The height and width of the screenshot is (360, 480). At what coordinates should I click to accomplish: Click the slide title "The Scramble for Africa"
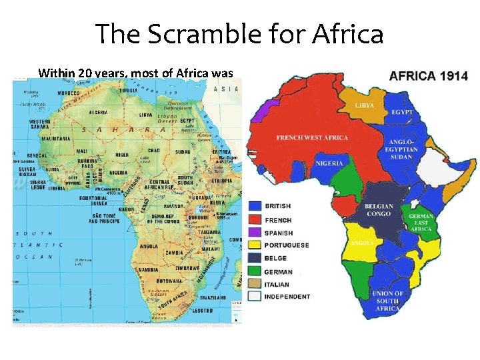(x=239, y=33)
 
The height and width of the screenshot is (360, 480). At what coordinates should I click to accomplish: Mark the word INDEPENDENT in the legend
(x=287, y=297)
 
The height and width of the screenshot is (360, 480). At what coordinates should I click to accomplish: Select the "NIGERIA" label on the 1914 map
(x=329, y=163)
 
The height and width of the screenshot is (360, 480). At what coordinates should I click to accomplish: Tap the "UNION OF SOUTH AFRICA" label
(x=388, y=301)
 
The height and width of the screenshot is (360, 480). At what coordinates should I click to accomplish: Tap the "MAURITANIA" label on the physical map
(x=55, y=139)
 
